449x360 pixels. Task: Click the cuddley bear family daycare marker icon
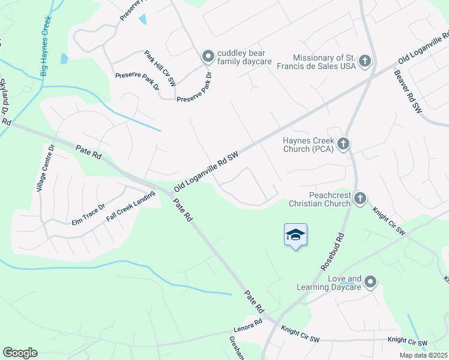pyautogui.click(x=208, y=57)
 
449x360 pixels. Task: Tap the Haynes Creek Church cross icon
pyautogui.click(x=343, y=143)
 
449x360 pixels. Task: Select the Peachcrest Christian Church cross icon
pyautogui.click(x=360, y=198)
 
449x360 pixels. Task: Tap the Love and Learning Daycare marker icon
pyautogui.click(x=371, y=281)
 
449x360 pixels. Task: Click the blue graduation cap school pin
pyautogui.click(x=295, y=235)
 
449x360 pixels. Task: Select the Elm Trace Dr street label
pyautogui.click(x=88, y=214)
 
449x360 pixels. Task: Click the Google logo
pyautogui.click(x=20, y=353)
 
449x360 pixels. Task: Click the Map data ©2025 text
pyautogui.click(x=423, y=355)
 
